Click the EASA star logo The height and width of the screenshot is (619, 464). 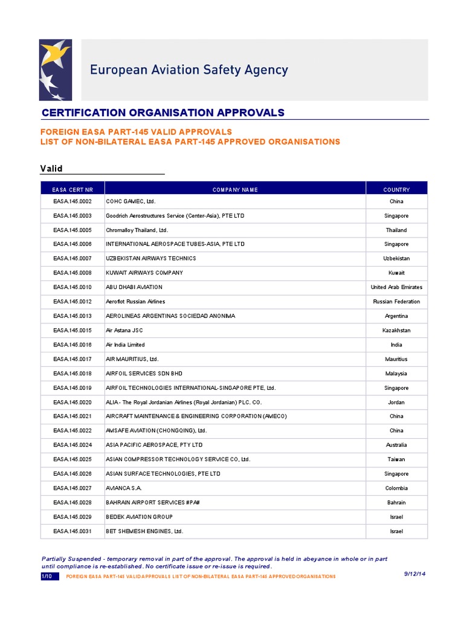click(x=56, y=70)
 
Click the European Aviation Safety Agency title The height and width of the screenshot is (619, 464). click(x=189, y=70)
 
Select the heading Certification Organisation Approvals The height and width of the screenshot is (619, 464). click(x=163, y=113)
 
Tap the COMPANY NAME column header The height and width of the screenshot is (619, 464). click(x=235, y=190)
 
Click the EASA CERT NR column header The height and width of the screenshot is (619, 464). click(x=72, y=190)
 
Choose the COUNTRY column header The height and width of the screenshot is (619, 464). click(x=396, y=190)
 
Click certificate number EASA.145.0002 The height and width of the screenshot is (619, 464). click(x=72, y=201)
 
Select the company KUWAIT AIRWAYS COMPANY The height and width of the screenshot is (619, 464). click(x=144, y=273)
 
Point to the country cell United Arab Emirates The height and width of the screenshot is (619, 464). click(x=396, y=287)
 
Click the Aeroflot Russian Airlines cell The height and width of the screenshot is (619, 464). click(x=135, y=302)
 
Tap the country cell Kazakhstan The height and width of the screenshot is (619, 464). click(x=396, y=331)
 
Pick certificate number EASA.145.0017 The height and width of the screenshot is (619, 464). click(x=72, y=359)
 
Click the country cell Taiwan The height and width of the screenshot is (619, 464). click(x=396, y=459)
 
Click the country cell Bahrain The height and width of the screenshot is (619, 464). click(x=396, y=502)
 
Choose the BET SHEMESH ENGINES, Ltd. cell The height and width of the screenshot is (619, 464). click(x=144, y=531)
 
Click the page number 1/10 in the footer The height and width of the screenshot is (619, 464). click(x=47, y=577)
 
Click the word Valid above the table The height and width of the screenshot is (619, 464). click(x=51, y=168)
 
